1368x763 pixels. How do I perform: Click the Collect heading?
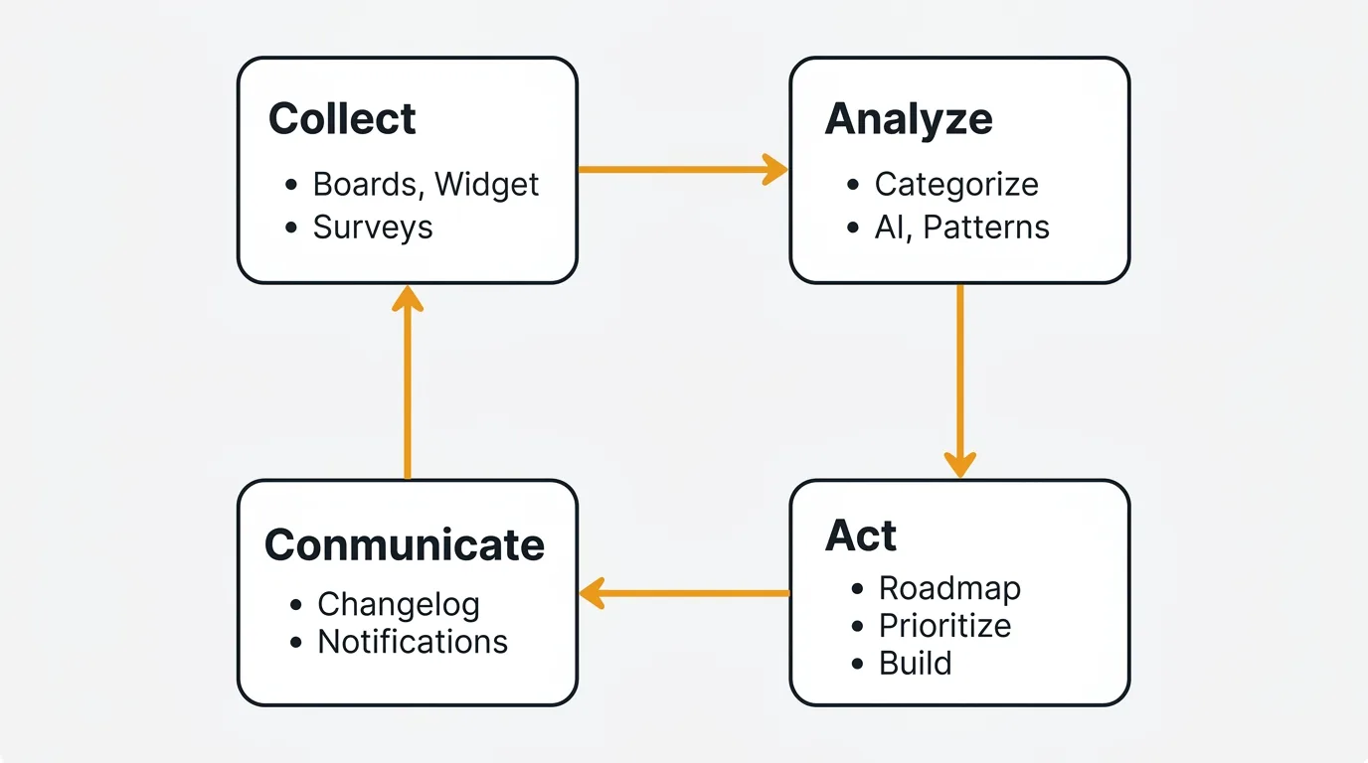(342, 119)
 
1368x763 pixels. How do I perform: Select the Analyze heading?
(909, 119)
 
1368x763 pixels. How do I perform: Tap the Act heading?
(861, 536)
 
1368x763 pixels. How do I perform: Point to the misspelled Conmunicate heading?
(405, 545)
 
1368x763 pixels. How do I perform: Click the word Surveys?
(373, 228)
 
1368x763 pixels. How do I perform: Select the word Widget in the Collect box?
(487, 185)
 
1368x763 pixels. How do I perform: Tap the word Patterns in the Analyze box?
(986, 228)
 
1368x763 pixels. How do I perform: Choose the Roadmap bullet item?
(949, 588)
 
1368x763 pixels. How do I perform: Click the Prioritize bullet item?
(944, 626)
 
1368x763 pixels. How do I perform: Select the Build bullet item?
(916, 664)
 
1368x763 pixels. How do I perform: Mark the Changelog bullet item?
(399, 604)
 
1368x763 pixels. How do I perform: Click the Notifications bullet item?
(413, 642)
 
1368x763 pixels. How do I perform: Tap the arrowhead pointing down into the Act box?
(959, 464)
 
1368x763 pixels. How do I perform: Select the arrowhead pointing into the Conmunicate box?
(593, 594)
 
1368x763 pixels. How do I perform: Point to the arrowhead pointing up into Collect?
(408, 298)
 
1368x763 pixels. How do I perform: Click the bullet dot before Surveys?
(291, 229)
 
